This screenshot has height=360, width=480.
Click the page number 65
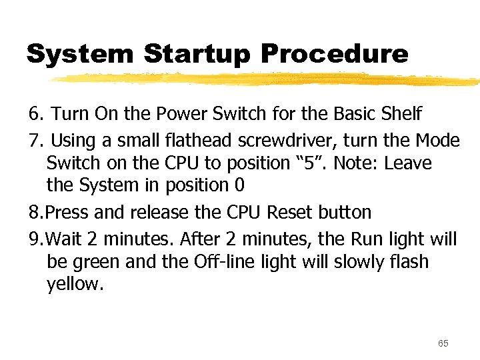click(x=443, y=343)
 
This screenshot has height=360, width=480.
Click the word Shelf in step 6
click(x=401, y=114)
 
